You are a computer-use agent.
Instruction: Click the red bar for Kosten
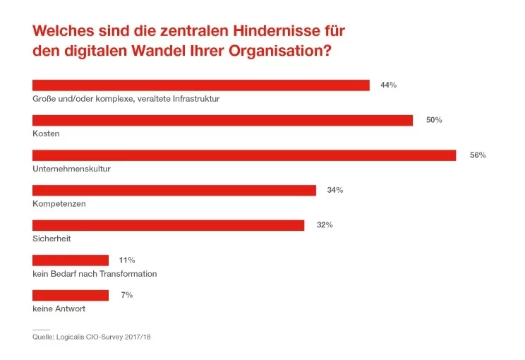click(x=222, y=120)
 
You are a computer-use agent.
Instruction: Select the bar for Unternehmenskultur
click(x=244, y=155)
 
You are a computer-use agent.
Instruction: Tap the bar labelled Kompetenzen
click(x=174, y=191)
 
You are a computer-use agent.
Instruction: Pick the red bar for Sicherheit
click(x=168, y=225)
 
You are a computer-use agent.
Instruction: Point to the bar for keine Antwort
click(x=71, y=295)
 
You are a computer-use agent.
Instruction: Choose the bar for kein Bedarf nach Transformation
click(x=71, y=260)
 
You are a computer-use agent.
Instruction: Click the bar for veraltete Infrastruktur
click(x=201, y=85)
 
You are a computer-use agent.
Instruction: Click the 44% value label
click(x=388, y=85)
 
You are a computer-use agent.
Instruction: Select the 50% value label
click(x=433, y=120)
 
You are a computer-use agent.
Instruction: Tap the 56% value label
click(x=478, y=155)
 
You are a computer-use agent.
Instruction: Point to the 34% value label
click(x=334, y=190)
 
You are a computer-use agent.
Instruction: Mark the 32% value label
click(x=325, y=225)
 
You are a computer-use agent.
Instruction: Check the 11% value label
click(x=128, y=260)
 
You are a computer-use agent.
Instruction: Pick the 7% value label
click(x=126, y=295)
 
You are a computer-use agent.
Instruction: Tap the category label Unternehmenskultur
click(x=71, y=169)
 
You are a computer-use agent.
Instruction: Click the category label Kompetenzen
click(x=59, y=203)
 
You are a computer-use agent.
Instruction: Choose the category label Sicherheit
click(x=52, y=239)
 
